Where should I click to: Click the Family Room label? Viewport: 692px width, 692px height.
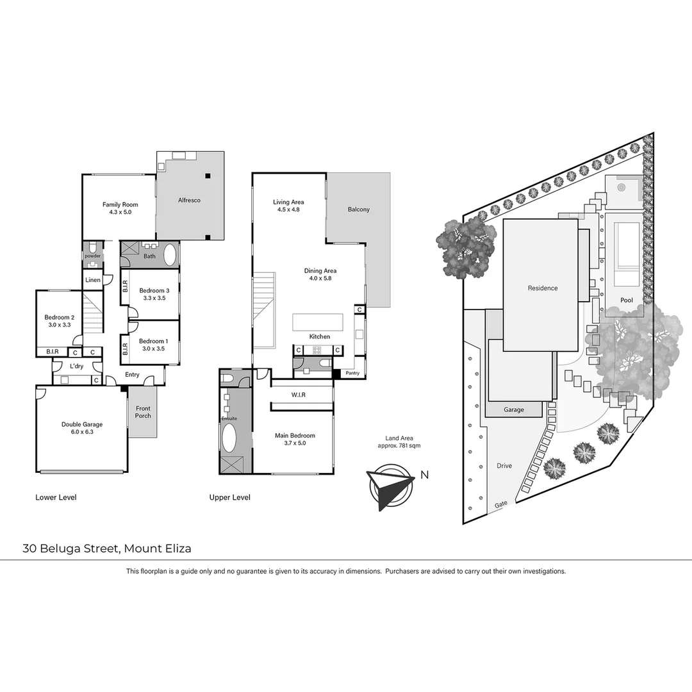pos(120,205)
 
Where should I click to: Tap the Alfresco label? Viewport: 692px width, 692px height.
pos(189,201)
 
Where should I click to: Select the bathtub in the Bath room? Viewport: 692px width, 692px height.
pos(170,255)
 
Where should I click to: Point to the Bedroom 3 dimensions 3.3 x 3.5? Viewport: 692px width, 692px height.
pos(154,298)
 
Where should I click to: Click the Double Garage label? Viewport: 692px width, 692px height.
pos(82,424)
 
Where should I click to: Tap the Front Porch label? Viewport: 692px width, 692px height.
pos(143,412)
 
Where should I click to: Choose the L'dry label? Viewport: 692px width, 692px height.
pos(77,367)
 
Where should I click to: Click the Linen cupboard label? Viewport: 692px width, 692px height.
pos(92,280)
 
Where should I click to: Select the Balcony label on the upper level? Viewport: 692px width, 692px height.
pos(359,210)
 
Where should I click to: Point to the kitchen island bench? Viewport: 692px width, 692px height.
pos(318,322)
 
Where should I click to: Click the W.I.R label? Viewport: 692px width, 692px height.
pos(298,395)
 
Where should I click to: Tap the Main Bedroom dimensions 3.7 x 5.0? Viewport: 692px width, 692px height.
pos(295,443)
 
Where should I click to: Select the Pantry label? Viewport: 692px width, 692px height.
pos(352,373)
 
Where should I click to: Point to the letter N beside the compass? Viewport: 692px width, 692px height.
pos(424,475)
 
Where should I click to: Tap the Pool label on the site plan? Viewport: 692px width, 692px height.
pos(626,301)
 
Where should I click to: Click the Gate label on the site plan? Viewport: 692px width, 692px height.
pos(501,504)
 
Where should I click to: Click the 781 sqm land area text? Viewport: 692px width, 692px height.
pos(404,445)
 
